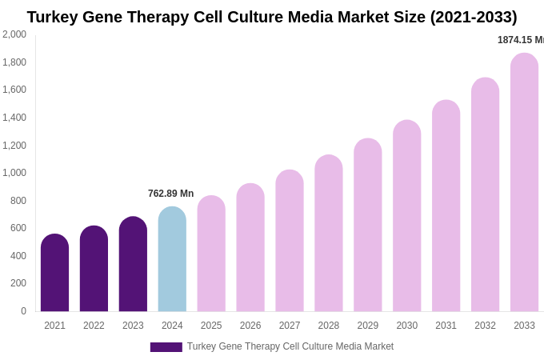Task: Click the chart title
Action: tap(272, 17)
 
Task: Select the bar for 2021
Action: tap(54, 273)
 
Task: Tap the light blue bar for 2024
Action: tap(172, 259)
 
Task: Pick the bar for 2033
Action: tap(524, 182)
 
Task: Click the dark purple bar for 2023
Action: tap(133, 264)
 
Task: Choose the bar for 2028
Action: tap(328, 233)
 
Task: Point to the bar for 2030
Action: tap(406, 216)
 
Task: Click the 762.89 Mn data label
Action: tap(170, 194)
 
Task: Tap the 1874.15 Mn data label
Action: tap(520, 40)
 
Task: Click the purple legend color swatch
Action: tap(166, 347)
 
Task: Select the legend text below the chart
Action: tap(290, 346)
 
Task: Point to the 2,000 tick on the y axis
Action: tap(14, 34)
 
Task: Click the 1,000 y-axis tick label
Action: tap(14, 173)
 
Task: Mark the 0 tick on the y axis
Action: tap(23, 311)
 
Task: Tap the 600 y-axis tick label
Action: tap(18, 228)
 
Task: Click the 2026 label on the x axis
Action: tap(250, 326)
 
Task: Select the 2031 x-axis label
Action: tap(446, 326)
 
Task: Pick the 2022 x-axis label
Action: tap(94, 326)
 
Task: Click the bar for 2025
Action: tap(211, 254)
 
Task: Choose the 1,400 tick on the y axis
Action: tap(14, 118)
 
